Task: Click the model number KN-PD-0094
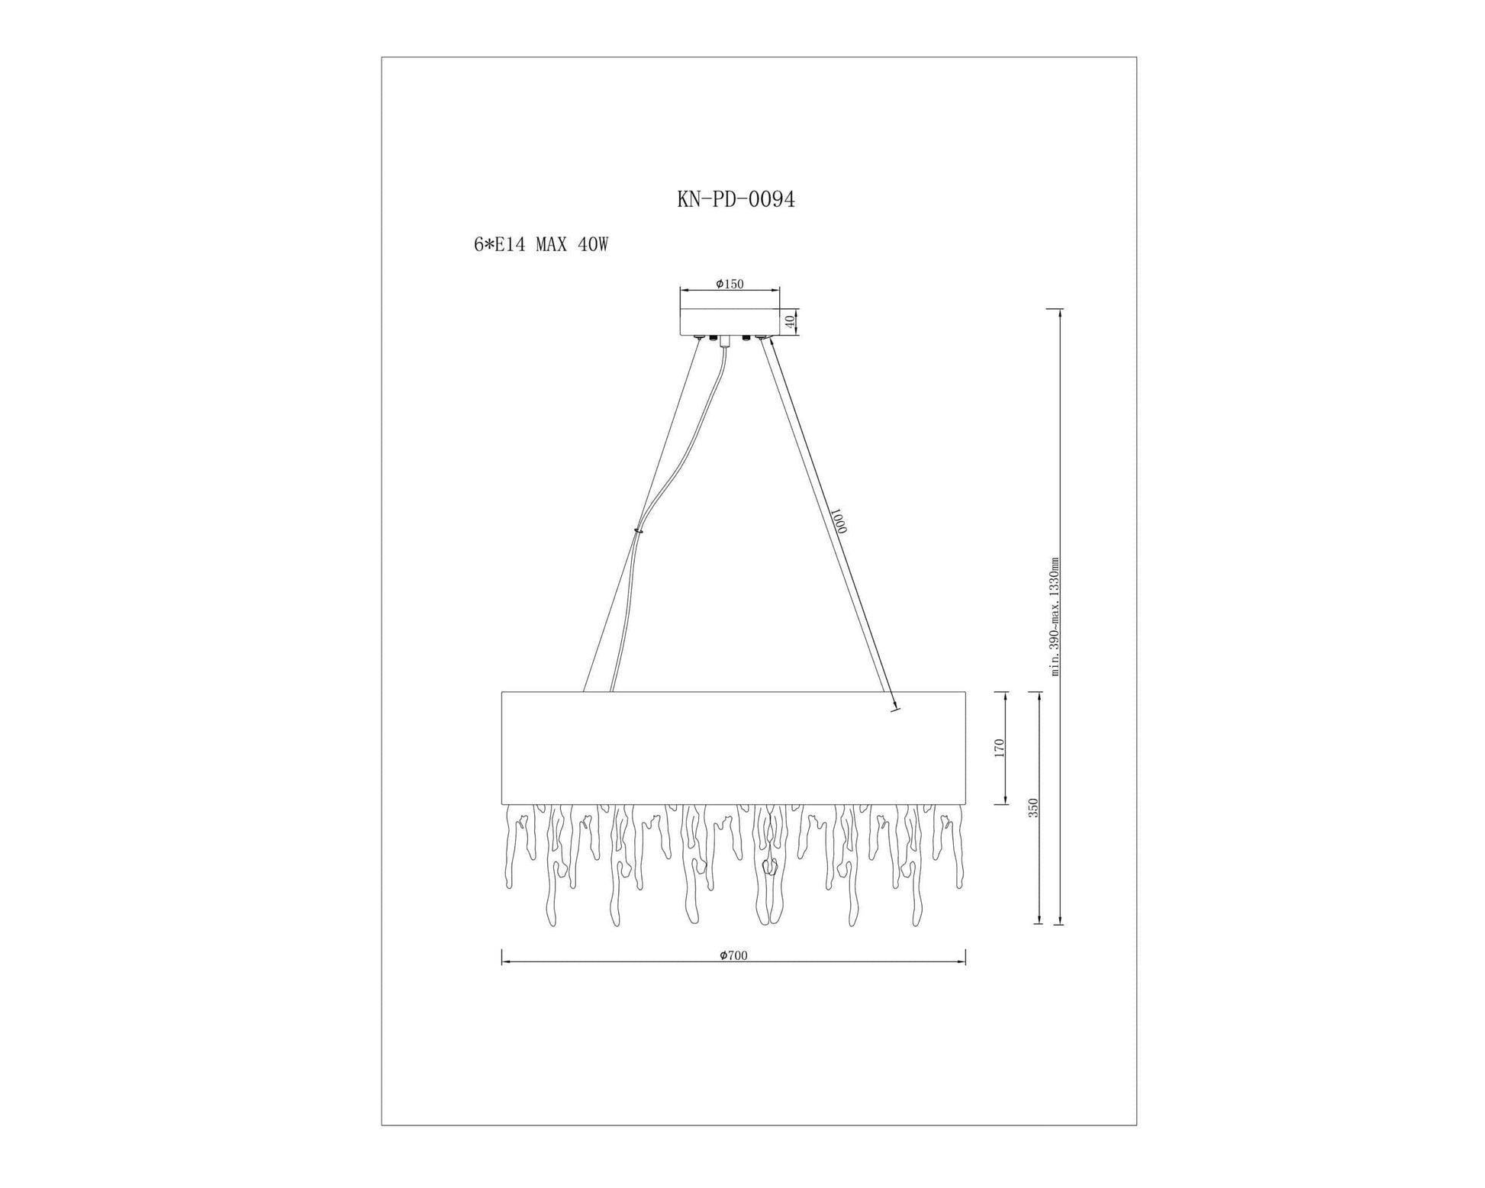[736, 199]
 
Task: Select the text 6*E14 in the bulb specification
[499, 245]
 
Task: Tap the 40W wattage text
[593, 245]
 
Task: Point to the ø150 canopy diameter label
[730, 284]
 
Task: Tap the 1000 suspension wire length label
[838, 521]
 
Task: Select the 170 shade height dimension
[999, 748]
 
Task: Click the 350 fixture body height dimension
[1033, 808]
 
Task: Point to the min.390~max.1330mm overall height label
[1055, 617]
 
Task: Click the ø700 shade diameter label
[733, 955]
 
